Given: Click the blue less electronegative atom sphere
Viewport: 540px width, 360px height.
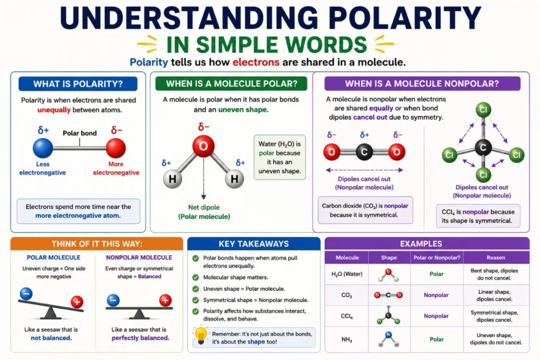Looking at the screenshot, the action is tap(43, 148).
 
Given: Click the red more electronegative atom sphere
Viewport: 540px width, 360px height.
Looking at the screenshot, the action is tap(115, 148).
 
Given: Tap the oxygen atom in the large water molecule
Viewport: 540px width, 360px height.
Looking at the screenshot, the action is tap(204, 147).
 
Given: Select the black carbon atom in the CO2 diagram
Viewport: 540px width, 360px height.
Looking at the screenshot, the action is tap(364, 152).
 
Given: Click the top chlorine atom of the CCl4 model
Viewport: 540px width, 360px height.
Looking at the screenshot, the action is tap(483, 110).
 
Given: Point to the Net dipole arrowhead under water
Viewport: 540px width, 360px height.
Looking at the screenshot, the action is tap(204, 197).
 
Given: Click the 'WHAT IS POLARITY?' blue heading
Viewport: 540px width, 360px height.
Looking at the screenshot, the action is tap(78, 84).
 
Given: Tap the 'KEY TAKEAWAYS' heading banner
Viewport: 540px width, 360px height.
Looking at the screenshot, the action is tap(254, 244).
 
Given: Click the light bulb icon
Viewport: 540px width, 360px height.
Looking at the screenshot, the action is tap(201, 335).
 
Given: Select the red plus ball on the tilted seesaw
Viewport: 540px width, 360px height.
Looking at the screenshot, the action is tap(77, 302).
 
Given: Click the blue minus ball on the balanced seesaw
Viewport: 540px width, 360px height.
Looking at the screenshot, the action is tap(113, 300).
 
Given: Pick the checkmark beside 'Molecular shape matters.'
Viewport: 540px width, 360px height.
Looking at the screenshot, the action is tap(196, 277).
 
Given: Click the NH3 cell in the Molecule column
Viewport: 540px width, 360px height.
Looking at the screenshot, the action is tap(346, 339).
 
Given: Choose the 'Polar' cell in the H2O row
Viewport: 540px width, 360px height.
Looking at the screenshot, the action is tap(436, 274).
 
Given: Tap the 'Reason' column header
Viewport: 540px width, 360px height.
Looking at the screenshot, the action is tap(496, 257).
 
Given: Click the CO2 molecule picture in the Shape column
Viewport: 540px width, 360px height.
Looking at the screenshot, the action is tap(388, 295).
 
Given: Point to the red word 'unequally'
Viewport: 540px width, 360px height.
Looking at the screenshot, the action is tap(54, 110).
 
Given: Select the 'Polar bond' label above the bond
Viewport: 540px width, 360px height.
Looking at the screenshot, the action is tap(80, 133).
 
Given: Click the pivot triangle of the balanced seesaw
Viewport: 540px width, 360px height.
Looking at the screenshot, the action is tap(139, 314).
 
